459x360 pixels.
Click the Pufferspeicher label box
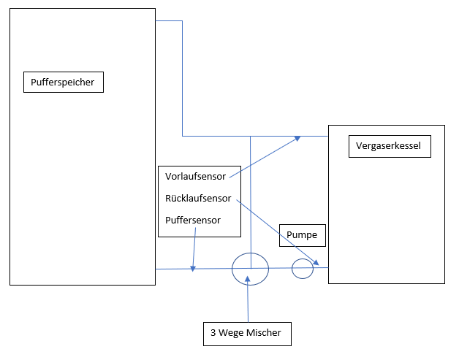pyautogui.click(x=64, y=82)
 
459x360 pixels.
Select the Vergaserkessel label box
pyautogui.click(x=388, y=147)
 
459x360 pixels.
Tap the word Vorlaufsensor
pyautogui.click(x=195, y=176)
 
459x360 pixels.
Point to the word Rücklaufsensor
pyautogui.click(x=198, y=198)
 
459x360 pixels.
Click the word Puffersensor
pyautogui.click(x=193, y=220)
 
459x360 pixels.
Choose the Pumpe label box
pyautogui.click(x=303, y=236)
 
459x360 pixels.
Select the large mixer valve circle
pyautogui.click(x=251, y=269)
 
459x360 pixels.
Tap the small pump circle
pyautogui.click(x=303, y=269)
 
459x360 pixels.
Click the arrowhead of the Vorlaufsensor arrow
pyautogui.click(x=297, y=137)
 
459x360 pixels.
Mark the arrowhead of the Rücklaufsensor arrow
pyautogui.click(x=317, y=263)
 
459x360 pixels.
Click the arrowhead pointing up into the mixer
pyautogui.click(x=249, y=277)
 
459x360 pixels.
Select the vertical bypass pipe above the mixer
pyautogui.click(x=251, y=197)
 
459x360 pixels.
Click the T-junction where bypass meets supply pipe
pyautogui.click(x=251, y=136)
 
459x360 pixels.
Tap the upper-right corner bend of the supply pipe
pyautogui.click(x=182, y=21)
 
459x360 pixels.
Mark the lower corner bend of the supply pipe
pyautogui.click(x=182, y=136)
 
